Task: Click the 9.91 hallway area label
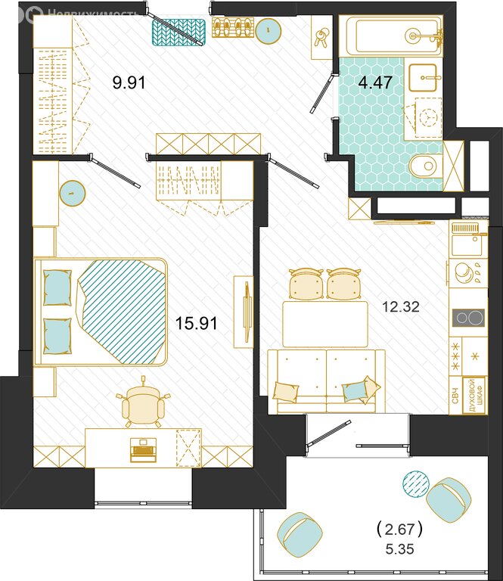tap(129, 82)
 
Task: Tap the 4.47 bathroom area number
tap(375, 82)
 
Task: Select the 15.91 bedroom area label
tap(196, 323)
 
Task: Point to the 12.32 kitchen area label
tap(401, 306)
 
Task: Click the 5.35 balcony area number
tap(399, 548)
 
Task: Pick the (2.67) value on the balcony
tap(399, 529)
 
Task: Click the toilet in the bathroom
tap(426, 166)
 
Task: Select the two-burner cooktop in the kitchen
tap(468, 318)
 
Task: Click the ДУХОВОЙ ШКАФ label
tap(474, 396)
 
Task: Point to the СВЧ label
tap(455, 396)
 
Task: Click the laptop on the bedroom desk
tap(144, 450)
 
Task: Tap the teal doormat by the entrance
tap(179, 33)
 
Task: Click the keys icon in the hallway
tap(321, 37)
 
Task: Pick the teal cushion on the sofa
tap(355, 391)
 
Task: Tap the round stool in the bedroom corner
tap(72, 193)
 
